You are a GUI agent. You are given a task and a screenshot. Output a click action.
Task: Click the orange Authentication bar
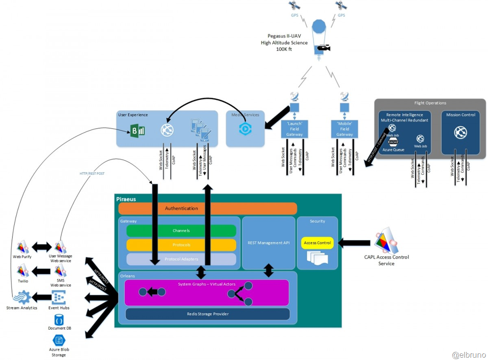point(207,209)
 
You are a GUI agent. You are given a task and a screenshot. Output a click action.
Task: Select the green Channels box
point(181,231)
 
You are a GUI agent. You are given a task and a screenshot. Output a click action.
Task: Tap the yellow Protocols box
point(181,245)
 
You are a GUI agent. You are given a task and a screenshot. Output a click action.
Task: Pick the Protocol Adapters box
point(181,259)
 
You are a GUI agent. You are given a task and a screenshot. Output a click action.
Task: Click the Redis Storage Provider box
point(207,314)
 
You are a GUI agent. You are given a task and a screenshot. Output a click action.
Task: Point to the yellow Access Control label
point(317,243)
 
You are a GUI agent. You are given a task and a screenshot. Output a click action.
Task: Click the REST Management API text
point(269,243)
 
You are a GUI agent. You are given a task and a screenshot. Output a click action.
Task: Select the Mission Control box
point(461,133)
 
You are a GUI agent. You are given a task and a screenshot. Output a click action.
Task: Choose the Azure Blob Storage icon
point(59,340)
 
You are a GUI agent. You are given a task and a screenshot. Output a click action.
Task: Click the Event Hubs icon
point(59,298)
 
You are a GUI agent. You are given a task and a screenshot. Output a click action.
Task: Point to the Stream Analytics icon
point(22,298)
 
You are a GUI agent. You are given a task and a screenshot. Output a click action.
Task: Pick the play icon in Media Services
point(245,129)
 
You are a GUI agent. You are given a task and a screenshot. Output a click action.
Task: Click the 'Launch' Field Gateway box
point(295,129)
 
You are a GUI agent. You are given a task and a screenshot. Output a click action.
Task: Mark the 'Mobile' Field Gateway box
point(345,129)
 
